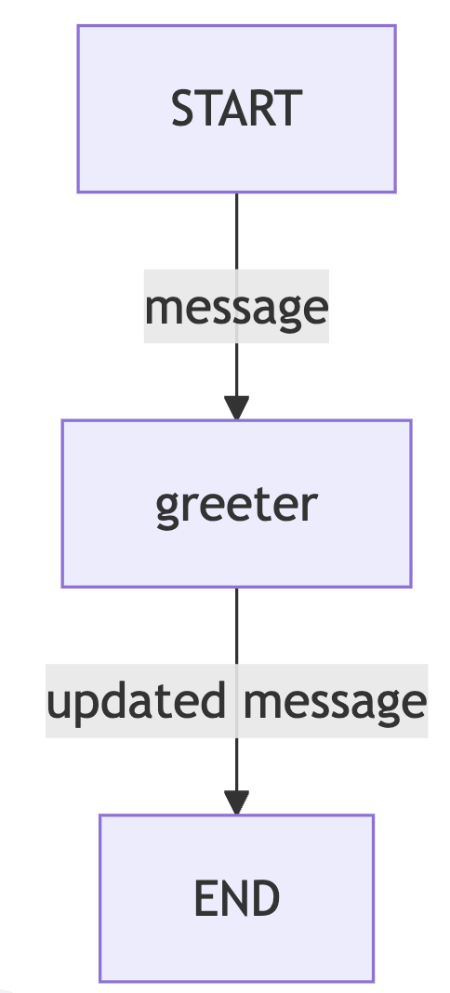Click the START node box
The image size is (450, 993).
coord(237,109)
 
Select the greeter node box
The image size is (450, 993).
coord(237,503)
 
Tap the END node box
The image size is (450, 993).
coord(237,898)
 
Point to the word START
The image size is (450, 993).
coord(237,108)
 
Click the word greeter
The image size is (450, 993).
coord(237,506)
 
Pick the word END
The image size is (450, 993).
coord(237,898)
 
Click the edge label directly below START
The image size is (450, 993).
coord(237,307)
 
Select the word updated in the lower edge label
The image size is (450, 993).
coord(136,702)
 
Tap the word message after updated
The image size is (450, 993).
coord(335,704)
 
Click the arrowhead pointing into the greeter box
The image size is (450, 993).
coord(237,408)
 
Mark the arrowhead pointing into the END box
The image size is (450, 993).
coord(237,802)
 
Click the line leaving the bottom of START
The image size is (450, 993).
coord(237,295)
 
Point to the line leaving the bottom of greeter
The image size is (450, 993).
coord(237,689)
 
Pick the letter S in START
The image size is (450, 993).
coord(183,108)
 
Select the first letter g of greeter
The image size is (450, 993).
coord(167,510)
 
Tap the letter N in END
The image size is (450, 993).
coord(236,898)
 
